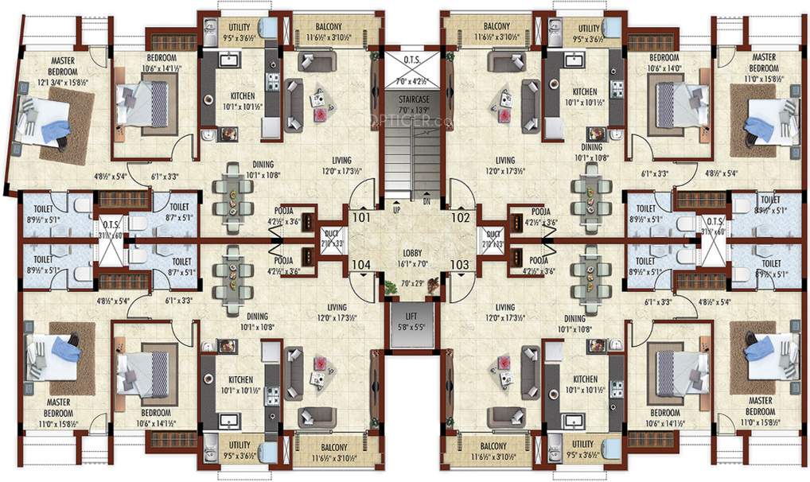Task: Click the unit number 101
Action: tap(360, 216)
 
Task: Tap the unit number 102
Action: tap(461, 216)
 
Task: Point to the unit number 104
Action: tap(360, 264)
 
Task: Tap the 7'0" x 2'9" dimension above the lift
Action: tap(411, 282)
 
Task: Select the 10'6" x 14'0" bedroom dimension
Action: tap(663, 68)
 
